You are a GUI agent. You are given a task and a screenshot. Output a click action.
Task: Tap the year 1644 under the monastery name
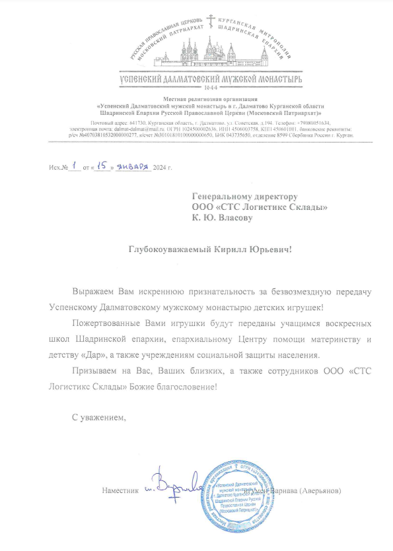click(213, 87)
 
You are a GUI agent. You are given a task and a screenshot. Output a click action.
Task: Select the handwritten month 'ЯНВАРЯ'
click(133, 167)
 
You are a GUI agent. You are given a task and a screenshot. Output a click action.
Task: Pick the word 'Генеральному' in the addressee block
click(225, 196)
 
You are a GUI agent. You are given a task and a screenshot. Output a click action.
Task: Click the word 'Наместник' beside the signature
click(121, 491)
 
